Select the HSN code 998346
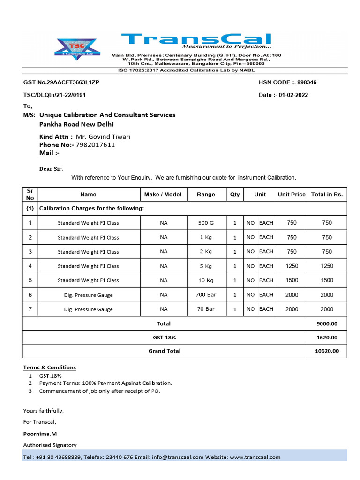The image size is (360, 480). click(304, 82)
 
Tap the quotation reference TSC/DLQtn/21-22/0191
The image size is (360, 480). click(54, 95)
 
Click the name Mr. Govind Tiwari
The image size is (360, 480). click(103, 137)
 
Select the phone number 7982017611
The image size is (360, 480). click(95, 145)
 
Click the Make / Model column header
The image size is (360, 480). click(163, 195)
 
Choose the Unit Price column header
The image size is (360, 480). click(292, 195)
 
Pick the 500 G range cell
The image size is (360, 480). click(206, 223)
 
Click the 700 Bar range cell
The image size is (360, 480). click(206, 295)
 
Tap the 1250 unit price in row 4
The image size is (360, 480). click(292, 266)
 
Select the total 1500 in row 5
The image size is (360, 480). click(327, 280)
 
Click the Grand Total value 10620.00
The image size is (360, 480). click(327, 351)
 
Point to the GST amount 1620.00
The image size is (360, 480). click(327, 337)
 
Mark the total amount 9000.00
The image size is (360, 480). click(327, 324)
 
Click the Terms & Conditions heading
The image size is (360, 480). click(50, 367)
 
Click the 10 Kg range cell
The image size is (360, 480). click(206, 280)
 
